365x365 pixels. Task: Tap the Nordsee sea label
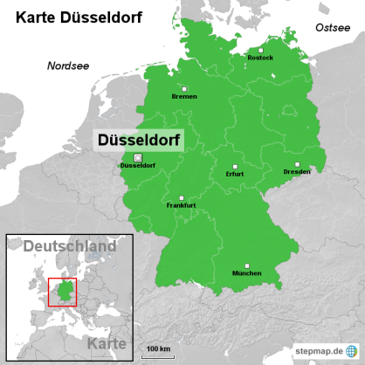pyautogui.click(x=67, y=65)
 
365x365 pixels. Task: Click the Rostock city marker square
pyautogui.click(x=258, y=50)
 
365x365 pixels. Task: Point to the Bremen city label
pyautogui.click(x=184, y=96)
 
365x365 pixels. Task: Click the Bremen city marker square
pyautogui.click(x=184, y=88)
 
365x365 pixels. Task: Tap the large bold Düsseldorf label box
pyautogui.click(x=138, y=139)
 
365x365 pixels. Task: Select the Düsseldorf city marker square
pyautogui.click(x=137, y=157)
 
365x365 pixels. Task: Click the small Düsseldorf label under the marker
pyautogui.click(x=137, y=166)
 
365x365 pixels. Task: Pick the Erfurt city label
pyautogui.click(x=234, y=174)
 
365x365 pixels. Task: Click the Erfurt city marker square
pyautogui.click(x=234, y=166)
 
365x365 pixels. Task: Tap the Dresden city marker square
pyautogui.click(x=297, y=163)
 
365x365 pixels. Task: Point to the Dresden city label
pyautogui.click(x=297, y=171)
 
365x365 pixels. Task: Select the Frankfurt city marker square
pyautogui.click(x=181, y=197)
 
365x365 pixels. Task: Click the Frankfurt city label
pyautogui.click(x=181, y=205)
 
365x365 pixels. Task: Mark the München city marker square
pyautogui.click(x=247, y=266)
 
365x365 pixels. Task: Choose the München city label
pyautogui.click(x=247, y=274)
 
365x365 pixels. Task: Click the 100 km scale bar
pyautogui.click(x=158, y=355)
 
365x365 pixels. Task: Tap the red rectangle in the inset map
pyautogui.click(x=62, y=292)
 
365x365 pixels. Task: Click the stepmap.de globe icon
pyautogui.click(x=353, y=349)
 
